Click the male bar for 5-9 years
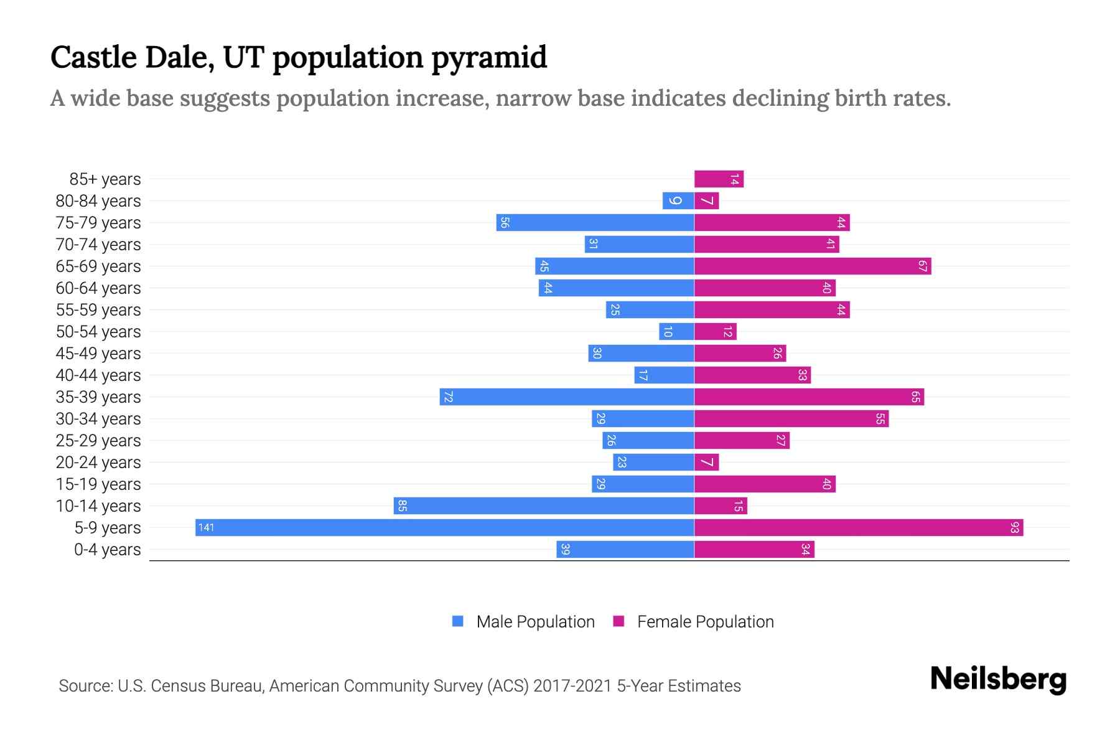444,527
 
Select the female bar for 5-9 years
859,527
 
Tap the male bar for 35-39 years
566,397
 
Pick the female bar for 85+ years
719,179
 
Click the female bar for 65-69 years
813,266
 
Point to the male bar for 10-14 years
543,505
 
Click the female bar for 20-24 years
707,463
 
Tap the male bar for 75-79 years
595,222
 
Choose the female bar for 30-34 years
791,419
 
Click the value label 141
206,528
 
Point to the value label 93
1015,528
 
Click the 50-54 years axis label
98,332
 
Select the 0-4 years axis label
107,550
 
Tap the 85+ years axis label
105,179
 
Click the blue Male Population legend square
458,621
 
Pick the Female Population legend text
705,622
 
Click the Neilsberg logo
998,679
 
